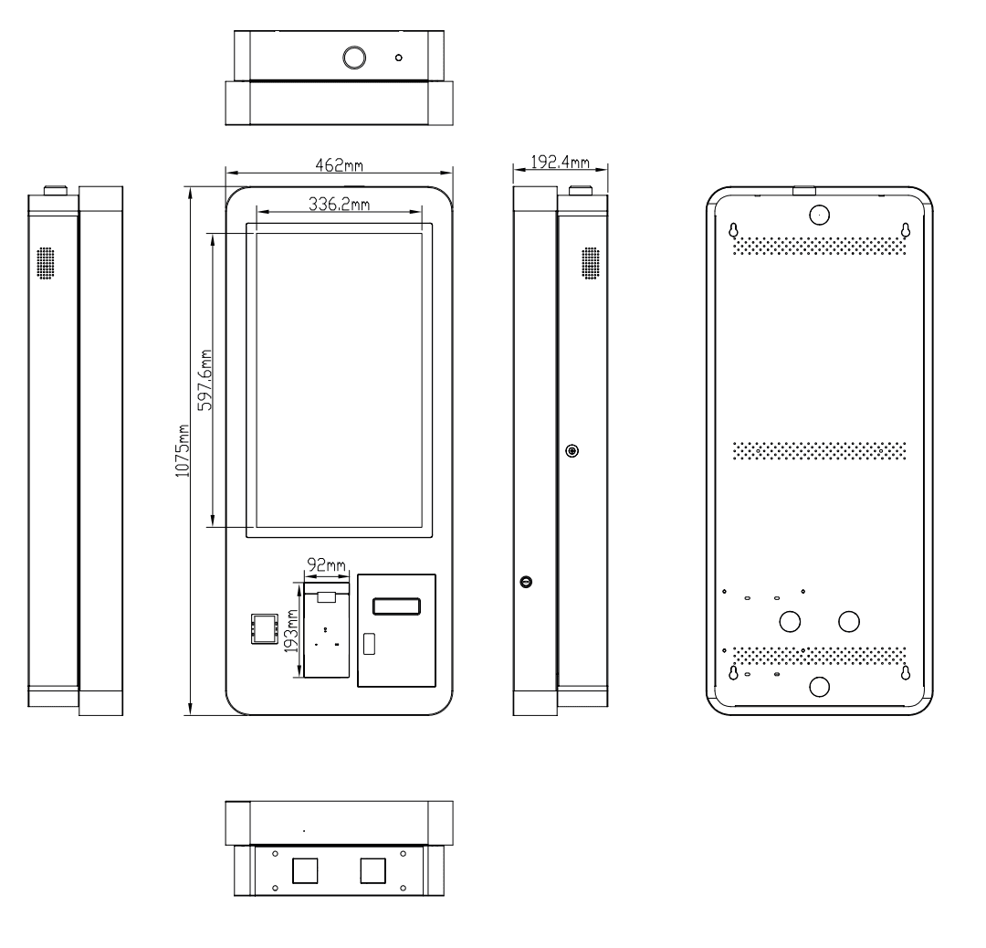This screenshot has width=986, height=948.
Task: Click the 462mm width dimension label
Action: pyautogui.click(x=339, y=164)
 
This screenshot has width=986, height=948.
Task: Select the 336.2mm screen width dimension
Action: pyautogui.click(x=339, y=205)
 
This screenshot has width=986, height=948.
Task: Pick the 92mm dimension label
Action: pyautogui.click(x=326, y=565)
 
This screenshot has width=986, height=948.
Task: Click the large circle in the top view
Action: pyautogui.click(x=353, y=58)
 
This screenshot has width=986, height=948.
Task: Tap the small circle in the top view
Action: pyautogui.click(x=398, y=58)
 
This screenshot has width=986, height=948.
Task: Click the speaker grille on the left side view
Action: pyautogui.click(x=46, y=262)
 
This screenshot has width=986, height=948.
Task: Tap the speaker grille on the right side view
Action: pyautogui.click(x=591, y=262)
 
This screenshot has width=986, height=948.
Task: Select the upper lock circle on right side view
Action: pyautogui.click(x=572, y=451)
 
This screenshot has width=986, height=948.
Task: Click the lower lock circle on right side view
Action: pyautogui.click(x=526, y=582)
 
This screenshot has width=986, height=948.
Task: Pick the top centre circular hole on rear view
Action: pyautogui.click(x=819, y=213)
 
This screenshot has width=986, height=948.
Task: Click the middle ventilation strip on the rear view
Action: pyautogui.click(x=819, y=450)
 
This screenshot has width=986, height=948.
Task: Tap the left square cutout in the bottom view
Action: pyautogui.click(x=305, y=869)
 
